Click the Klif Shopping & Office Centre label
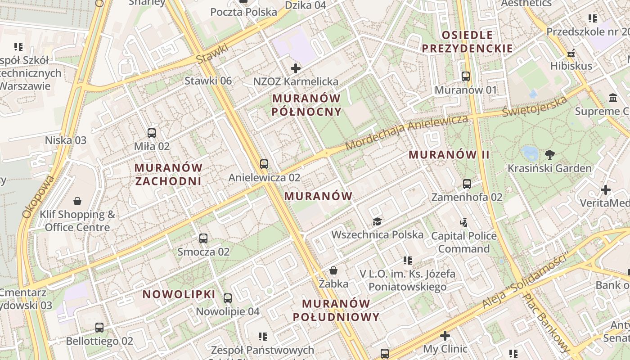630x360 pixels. coord(77,220)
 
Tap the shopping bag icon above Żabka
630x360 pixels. coord(333,270)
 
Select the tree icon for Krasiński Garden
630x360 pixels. coord(549,155)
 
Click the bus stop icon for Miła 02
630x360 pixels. coord(152,133)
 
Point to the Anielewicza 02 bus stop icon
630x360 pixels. coord(264,164)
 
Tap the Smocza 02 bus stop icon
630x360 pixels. coord(203,238)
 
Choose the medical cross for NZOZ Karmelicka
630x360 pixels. coord(296,68)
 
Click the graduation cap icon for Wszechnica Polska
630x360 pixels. coord(377,221)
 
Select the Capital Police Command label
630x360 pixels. coord(464,242)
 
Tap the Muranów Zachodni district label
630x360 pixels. coord(169,174)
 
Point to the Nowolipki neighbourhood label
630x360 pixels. coord(179,294)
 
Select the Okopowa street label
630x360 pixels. coord(39,197)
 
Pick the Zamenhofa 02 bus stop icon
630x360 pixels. coord(467,184)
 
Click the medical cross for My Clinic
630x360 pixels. coord(445,336)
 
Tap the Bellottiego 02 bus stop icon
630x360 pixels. coord(99,328)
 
